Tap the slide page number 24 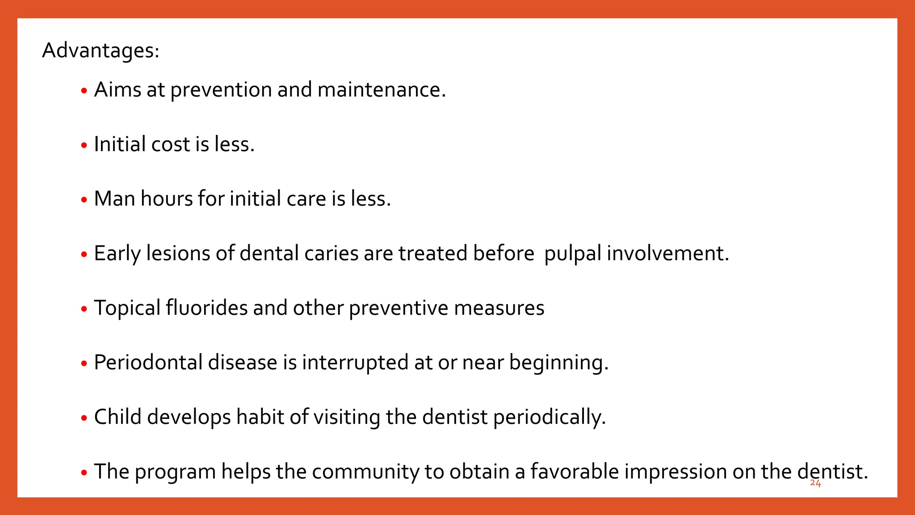[815, 483]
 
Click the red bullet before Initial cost [84, 146]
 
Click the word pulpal [573, 253]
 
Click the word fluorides [206, 308]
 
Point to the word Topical [127, 308]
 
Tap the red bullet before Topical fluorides [84, 309]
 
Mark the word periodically [549, 417]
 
